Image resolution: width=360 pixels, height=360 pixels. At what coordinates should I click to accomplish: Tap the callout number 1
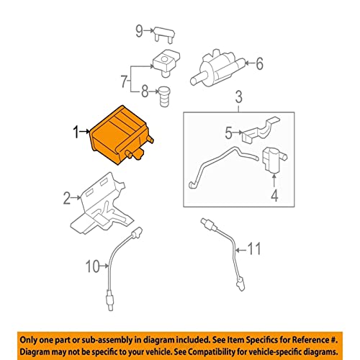tap(76, 132)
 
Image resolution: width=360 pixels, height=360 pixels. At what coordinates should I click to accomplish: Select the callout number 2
tap(67, 198)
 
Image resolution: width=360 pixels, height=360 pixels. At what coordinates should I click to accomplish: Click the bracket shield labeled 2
tap(102, 204)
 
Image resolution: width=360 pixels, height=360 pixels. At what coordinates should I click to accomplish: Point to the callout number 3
tap(238, 96)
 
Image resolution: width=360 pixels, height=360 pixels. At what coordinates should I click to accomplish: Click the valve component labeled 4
tap(274, 160)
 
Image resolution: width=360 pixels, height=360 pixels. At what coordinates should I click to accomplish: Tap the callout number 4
tap(274, 195)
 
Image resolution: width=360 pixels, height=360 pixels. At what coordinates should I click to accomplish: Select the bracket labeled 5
tap(261, 131)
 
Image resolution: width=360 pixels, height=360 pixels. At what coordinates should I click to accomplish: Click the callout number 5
tap(228, 132)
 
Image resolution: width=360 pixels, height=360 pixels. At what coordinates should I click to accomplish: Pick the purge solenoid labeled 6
tap(217, 68)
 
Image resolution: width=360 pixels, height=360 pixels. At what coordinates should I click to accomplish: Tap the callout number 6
tap(259, 63)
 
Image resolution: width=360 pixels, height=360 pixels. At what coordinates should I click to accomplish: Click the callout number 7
tap(124, 81)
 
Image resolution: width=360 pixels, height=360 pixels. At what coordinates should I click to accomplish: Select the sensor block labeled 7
tap(166, 63)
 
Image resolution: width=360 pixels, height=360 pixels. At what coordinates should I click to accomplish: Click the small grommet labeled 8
tap(164, 96)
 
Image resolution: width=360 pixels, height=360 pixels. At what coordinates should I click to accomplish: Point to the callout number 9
tap(139, 31)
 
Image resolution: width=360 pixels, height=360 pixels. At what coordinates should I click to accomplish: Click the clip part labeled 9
tap(164, 35)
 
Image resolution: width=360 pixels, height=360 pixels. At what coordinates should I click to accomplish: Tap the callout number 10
tap(92, 266)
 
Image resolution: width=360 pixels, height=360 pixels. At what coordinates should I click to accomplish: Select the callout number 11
tap(254, 248)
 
